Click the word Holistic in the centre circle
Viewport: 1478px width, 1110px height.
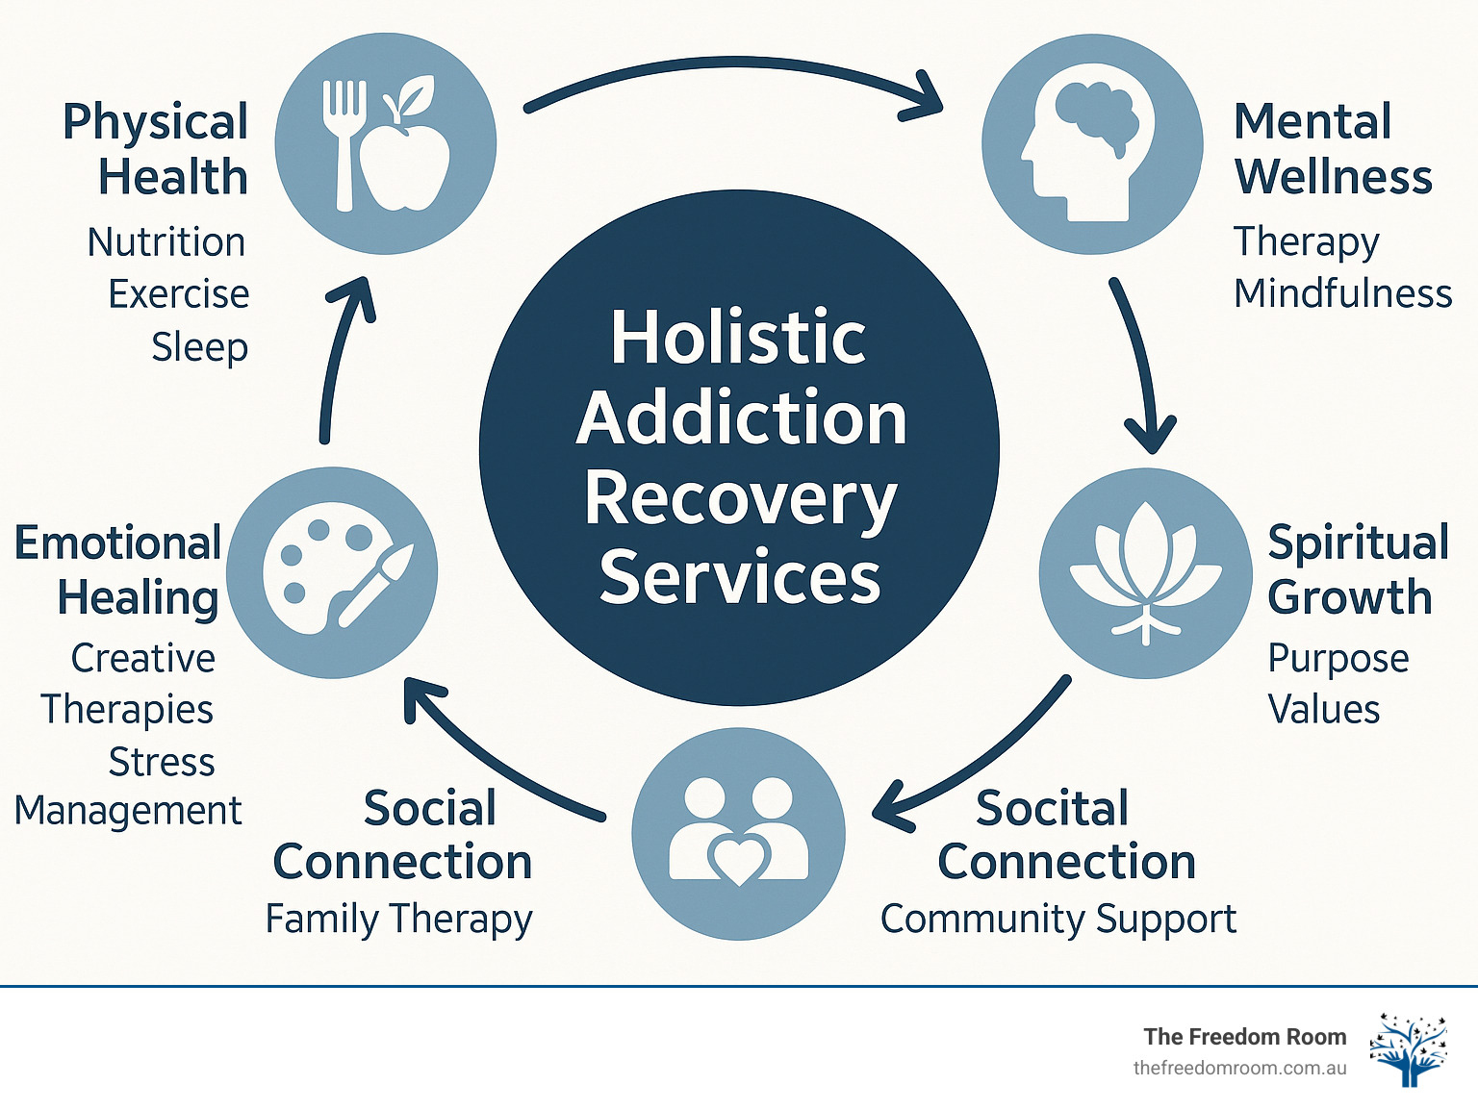pos(739,338)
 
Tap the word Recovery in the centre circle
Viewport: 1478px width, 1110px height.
pos(740,499)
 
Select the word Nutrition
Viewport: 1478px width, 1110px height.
pos(166,242)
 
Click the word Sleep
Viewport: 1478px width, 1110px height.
pos(199,347)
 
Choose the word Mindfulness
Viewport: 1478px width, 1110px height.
pos(1342,293)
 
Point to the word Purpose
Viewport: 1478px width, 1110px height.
pos(1338,659)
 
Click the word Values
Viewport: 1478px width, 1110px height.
pos(1323,710)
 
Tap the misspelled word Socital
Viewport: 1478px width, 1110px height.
pos(1052,808)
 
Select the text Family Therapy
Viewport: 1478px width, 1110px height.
pos(398,919)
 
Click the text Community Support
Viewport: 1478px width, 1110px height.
pos(1058,919)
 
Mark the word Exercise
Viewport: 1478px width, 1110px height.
pos(178,294)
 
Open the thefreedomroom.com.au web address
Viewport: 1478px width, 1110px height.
pos(1239,1068)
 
